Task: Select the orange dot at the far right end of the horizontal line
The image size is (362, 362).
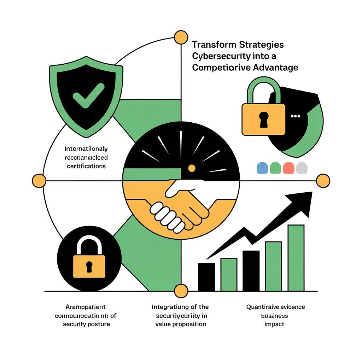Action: pyautogui.click(x=323, y=181)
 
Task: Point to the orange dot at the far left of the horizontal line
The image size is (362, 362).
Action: pyautogui.click(x=39, y=181)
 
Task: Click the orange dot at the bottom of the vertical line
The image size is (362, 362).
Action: pyautogui.click(x=181, y=291)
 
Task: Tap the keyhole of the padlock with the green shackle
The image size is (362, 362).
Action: pyautogui.click(x=264, y=119)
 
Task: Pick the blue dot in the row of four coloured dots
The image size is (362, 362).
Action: pyautogui.click(x=262, y=168)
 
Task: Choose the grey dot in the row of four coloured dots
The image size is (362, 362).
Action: pyautogui.click(x=302, y=168)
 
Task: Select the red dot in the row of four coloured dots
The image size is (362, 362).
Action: pyautogui.click(x=288, y=168)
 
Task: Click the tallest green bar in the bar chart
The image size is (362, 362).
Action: pyautogui.click(x=296, y=257)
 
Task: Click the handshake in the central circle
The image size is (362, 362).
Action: pyautogui.click(x=179, y=205)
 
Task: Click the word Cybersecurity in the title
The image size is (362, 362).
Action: pyautogui.click(x=218, y=56)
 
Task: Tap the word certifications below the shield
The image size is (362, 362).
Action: pyautogui.click(x=86, y=165)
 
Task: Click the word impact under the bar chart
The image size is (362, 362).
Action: pyautogui.click(x=274, y=324)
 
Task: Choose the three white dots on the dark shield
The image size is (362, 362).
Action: pyautogui.click(x=294, y=116)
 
